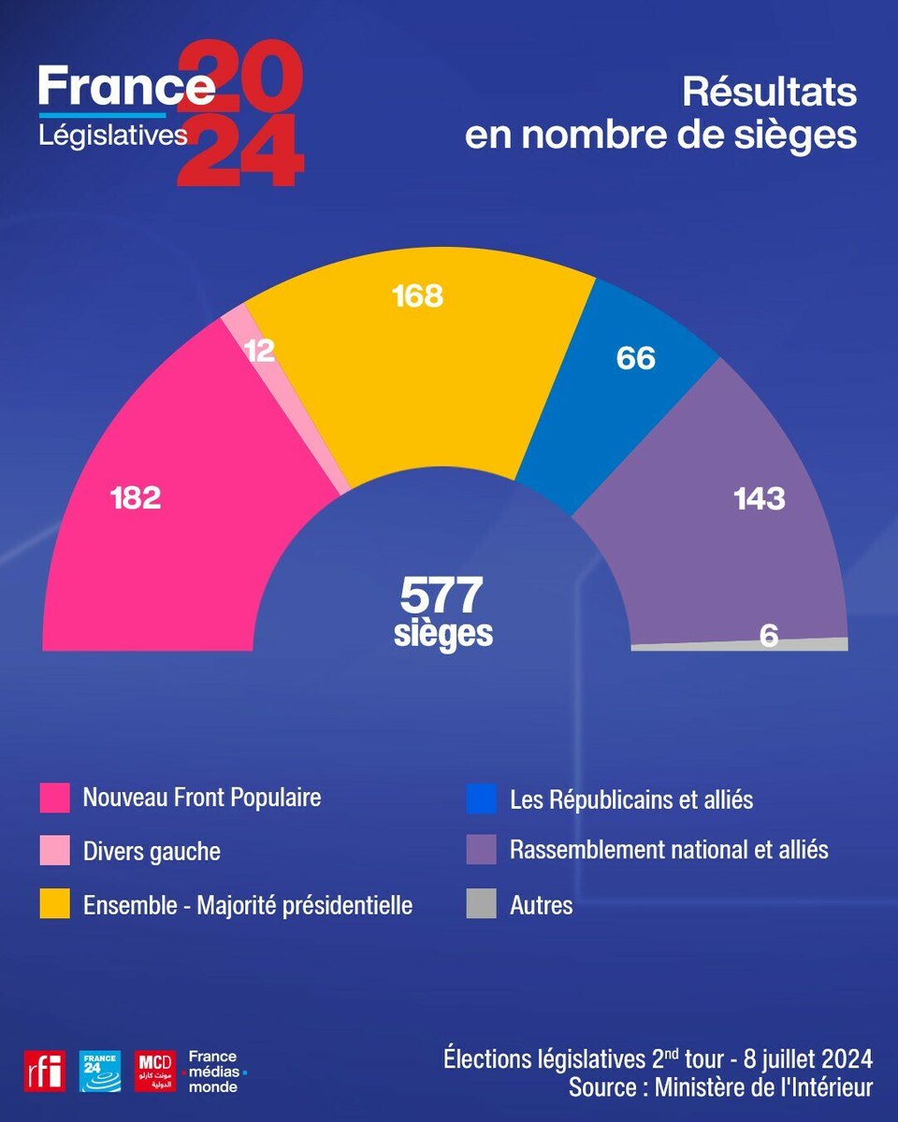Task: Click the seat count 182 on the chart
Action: (x=136, y=497)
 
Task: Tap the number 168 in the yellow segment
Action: (x=417, y=296)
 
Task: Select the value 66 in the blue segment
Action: (x=635, y=358)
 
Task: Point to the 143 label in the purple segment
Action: (x=759, y=498)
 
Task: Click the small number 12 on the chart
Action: (x=258, y=350)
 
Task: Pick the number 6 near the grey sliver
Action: (x=769, y=635)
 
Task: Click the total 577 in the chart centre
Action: (x=442, y=595)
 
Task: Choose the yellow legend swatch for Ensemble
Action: (x=54, y=905)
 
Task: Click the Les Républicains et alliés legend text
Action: (x=631, y=800)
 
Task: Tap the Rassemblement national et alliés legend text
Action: (x=669, y=850)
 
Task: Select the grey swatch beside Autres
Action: (x=481, y=905)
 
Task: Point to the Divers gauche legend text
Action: (x=152, y=852)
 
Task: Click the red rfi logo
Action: (x=45, y=1071)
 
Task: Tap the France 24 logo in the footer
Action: (x=99, y=1071)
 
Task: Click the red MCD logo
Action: (x=156, y=1071)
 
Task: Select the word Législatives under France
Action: (x=113, y=136)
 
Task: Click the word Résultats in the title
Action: (x=769, y=93)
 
